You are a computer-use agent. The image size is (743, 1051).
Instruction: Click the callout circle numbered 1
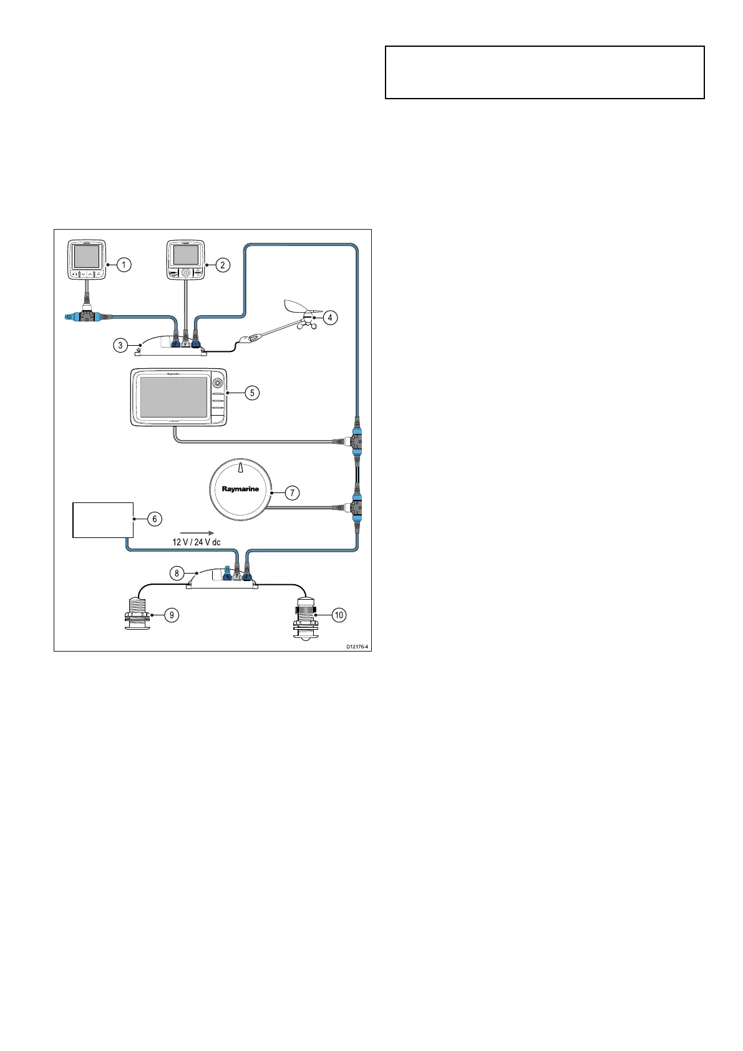coord(124,265)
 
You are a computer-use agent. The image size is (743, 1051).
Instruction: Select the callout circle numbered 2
coord(222,265)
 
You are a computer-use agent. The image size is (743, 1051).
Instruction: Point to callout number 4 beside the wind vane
coord(330,317)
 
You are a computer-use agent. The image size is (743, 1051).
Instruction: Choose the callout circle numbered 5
coord(252,393)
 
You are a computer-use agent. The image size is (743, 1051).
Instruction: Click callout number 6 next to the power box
coord(154,519)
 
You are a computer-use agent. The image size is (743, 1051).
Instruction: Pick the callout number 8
coord(178,572)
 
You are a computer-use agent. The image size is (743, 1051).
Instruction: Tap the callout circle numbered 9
coord(170,615)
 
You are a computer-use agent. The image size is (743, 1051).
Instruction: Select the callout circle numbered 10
coord(339,615)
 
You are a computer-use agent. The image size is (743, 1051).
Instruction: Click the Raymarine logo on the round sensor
coord(240,489)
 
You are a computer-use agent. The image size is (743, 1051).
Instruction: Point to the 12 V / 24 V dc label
coord(197,542)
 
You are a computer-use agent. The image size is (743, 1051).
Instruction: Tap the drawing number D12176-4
coord(357,647)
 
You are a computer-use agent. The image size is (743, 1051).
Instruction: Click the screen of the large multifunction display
coord(173,397)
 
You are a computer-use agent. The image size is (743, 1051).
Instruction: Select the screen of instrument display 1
coord(86,257)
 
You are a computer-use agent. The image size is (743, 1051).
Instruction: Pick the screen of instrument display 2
coord(185,255)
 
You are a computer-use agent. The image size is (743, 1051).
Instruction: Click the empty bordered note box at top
coord(545,72)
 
